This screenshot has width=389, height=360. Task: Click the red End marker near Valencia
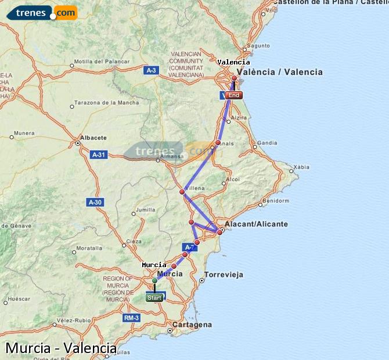pyautogui.click(x=234, y=95)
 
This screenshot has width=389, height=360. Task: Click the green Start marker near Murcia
pyautogui.click(x=154, y=298)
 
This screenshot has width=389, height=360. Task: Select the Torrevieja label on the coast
pyautogui.click(x=224, y=274)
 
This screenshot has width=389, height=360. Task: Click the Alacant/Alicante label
pyautogui.click(x=257, y=224)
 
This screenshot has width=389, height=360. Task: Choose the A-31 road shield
pyautogui.click(x=99, y=154)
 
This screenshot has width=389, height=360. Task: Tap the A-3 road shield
pyautogui.click(x=151, y=70)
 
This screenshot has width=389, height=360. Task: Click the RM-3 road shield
pyautogui.click(x=131, y=318)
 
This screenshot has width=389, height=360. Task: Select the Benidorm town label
pyautogui.click(x=275, y=201)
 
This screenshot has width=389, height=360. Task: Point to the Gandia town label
pyautogui.click(x=267, y=142)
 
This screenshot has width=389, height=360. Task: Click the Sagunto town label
pyautogui.click(x=258, y=45)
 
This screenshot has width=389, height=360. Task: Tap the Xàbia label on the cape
pyautogui.click(x=302, y=167)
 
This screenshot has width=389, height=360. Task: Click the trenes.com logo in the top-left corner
pyautogui.click(x=41, y=12)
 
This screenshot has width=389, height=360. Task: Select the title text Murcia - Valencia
pyautogui.click(x=61, y=348)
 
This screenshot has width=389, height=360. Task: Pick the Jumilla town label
pyautogui.click(x=145, y=210)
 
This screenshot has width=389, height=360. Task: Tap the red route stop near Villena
pyautogui.click(x=182, y=192)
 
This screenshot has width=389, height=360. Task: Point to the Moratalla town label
pyautogui.click(x=89, y=248)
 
